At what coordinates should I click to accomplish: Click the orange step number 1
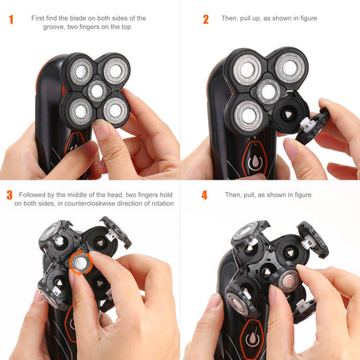tap(11, 20)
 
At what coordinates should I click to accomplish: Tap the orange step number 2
tap(206, 20)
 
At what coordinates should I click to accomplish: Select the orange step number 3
tap(9, 195)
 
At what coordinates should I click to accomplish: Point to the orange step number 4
tap(205, 195)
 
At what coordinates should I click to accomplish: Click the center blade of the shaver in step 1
tap(97, 91)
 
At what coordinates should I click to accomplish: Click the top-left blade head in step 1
tap(81, 72)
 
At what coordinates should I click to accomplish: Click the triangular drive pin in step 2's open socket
tap(288, 114)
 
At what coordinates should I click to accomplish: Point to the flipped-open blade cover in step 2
tap(313, 126)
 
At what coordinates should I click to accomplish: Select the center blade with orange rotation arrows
tap(80, 263)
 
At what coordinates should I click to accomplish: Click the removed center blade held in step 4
tap(288, 281)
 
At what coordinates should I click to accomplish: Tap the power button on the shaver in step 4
tap(252, 338)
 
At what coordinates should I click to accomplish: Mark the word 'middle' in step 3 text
tap(78, 195)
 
